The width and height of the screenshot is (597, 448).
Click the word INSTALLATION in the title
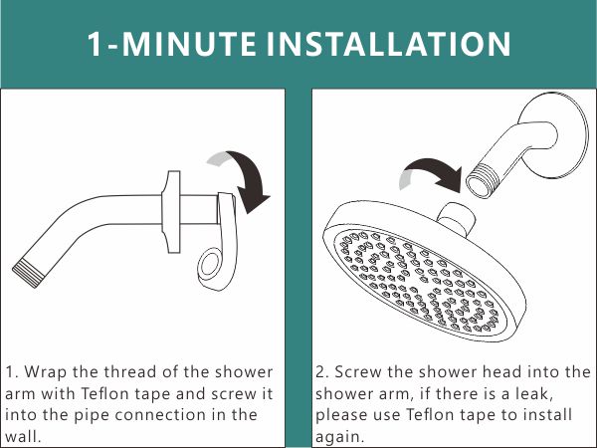[392, 44]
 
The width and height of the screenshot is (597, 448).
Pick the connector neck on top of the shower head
[455, 215]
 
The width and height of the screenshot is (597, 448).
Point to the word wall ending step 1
[26, 436]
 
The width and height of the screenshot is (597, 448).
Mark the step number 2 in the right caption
[321, 371]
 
